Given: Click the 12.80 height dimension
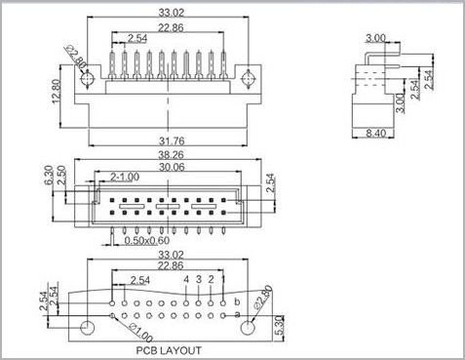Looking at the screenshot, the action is (x=56, y=91).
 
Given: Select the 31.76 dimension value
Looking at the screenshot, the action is (x=172, y=141).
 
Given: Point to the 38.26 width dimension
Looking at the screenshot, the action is (x=171, y=154).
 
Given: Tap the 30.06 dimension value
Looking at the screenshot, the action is (x=172, y=167).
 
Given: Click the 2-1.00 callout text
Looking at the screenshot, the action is (x=125, y=178).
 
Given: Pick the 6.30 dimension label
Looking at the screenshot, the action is (x=48, y=176).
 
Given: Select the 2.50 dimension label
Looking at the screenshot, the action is (x=61, y=176).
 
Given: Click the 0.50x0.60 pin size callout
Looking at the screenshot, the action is (x=147, y=241).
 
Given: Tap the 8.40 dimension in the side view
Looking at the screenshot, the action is (x=376, y=133).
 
